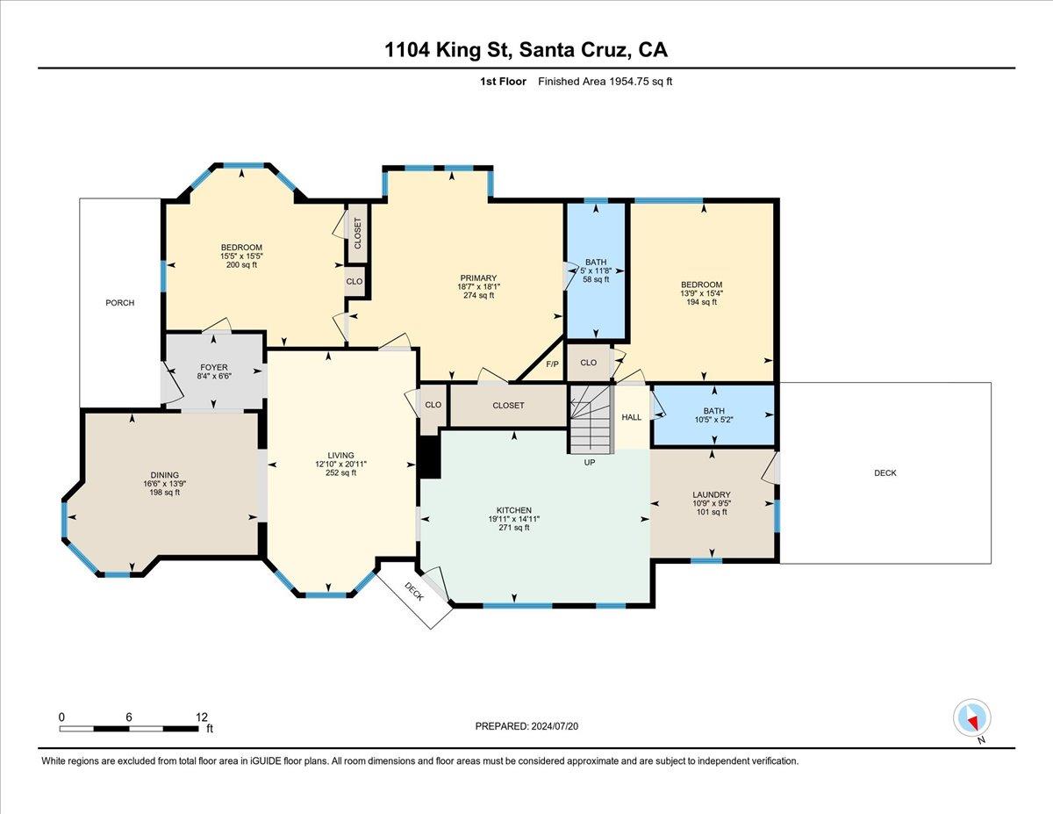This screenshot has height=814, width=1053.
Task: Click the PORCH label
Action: tap(119, 303)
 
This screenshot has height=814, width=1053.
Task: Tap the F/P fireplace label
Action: tap(552, 364)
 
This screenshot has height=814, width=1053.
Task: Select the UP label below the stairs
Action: tap(590, 463)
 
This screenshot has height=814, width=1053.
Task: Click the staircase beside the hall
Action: tap(591, 419)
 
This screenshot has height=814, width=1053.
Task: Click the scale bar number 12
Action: tap(202, 717)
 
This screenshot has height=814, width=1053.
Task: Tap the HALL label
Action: tap(632, 417)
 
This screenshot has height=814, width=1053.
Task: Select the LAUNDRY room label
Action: tap(712, 494)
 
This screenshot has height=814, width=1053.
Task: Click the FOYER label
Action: tap(214, 368)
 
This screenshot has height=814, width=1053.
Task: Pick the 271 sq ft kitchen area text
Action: tap(514, 528)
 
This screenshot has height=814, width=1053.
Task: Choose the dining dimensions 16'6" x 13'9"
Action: tap(165, 483)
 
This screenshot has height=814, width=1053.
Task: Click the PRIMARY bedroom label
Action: tap(478, 277)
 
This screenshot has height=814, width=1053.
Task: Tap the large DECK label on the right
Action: tap(885, 472)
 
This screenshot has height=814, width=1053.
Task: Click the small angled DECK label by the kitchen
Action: tap(414, 592)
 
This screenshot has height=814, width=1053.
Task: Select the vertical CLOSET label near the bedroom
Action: tap(358, 234)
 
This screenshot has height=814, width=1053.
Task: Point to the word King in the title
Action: tap(459, 50)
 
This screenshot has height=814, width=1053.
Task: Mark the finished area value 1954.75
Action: tap(628, 82)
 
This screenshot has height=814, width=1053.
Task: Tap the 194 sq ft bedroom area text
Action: tap(701, 302)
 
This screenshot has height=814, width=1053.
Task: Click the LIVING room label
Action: tap(340, 455)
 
